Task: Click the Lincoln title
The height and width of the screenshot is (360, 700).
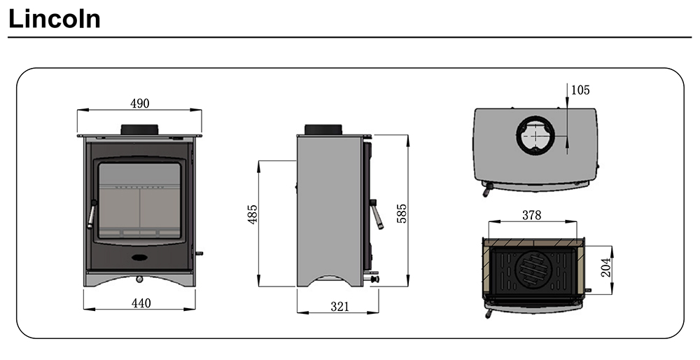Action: click(x=55, y=19)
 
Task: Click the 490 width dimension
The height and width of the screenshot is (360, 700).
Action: click(x=140, y=103)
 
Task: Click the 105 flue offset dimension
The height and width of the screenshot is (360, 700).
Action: click(x=580, y=90)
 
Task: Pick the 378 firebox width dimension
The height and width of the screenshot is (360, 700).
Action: click(x=532, y=216)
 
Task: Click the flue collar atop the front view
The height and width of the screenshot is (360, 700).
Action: click(x=140, y=130)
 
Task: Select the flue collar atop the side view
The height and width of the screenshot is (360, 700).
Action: click(x=323, y=130)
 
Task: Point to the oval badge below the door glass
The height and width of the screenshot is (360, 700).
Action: click(x=140, y=257)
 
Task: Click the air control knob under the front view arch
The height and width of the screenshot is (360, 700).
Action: click(x=140, y=279)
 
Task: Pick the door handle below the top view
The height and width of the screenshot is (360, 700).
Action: click(x=486, y=189)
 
